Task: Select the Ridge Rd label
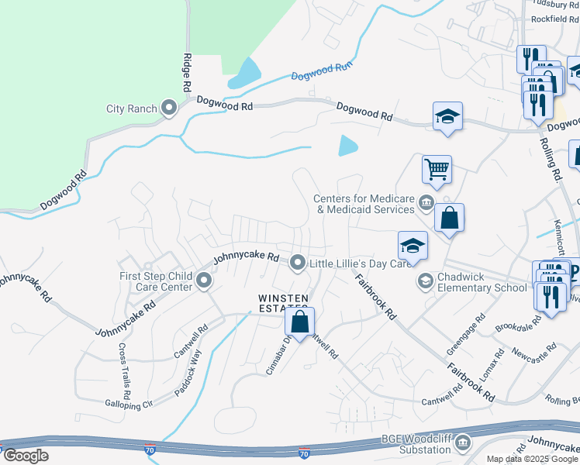[x=187, y=74]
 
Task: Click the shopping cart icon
[x=437, y=168]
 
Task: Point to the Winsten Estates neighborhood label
[x=283, y=303]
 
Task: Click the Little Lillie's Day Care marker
[x=297, y=263]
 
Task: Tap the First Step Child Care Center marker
[x=204, y=281]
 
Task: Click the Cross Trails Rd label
[x=124, y=367]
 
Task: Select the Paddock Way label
[x=188, y=373]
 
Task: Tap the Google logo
[x=26, y=456]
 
